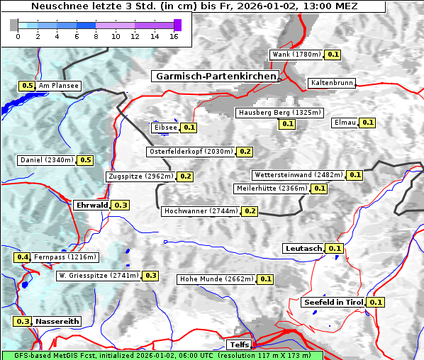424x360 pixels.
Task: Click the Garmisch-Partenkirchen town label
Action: click(x=215, y=76)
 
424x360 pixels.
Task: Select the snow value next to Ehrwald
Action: click(x=121, y=205)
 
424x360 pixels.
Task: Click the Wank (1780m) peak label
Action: click(x=296, y=55)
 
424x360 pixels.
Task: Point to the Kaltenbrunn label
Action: click(x=331, y=83)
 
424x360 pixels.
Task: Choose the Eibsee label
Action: click(x=165, y=128)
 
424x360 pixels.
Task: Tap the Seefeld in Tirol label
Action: click(x=333, y=302)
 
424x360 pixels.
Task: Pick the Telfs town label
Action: click(x=238, y=345)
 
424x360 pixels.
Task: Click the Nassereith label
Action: click(x=57, y=321)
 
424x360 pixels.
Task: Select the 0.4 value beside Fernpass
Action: click(x=23, y=257)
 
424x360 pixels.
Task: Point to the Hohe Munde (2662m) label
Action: click(x=216, y=279)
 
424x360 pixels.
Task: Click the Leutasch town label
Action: click(x=303, y=248)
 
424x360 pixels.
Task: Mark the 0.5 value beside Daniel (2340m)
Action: click(x=85, y=160)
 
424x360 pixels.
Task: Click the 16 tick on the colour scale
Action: click(x=174, y=36)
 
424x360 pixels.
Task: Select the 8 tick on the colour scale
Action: click(x=96, y=36)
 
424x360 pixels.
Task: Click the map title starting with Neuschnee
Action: click(x=194, y=6)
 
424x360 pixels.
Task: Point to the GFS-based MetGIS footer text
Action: click(x=162, y=355)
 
